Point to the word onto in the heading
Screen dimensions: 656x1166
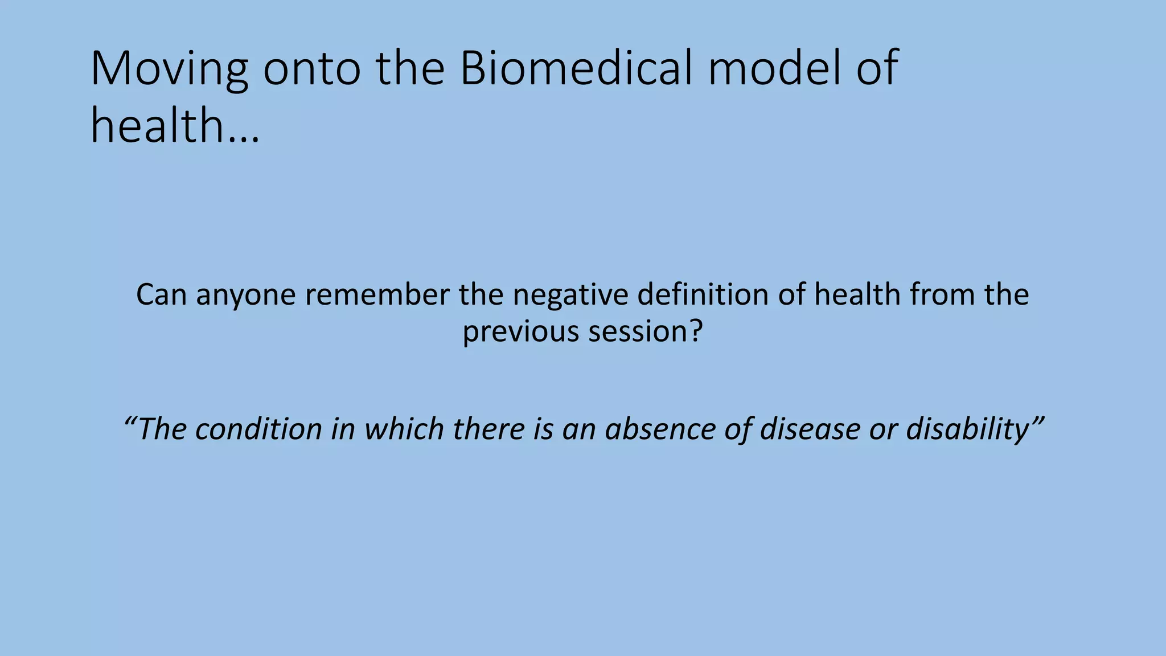312,69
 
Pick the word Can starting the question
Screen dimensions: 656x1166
161,295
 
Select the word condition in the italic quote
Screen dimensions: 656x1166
258,429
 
